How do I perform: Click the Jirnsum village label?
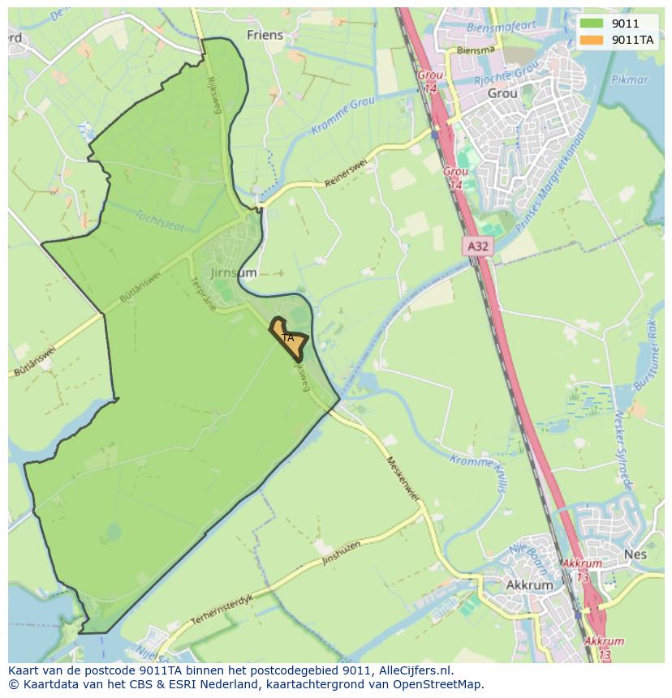pyautogui.click(x=234, y=273)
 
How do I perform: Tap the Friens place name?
pyautogui.click(x=265, y=35)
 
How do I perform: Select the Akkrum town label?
pyautogui.click(x=528, y=585)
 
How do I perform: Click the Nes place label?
pyautogui.click(x=635, y=555)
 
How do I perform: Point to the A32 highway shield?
pyautogui.click(x=480, y=244)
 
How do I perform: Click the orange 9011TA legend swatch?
pyautogui.click(x=591, y=39)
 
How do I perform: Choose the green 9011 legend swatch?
pyautogui.click(x=591, y=24)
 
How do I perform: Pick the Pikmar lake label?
pyautogui.click(x=631, y=80)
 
